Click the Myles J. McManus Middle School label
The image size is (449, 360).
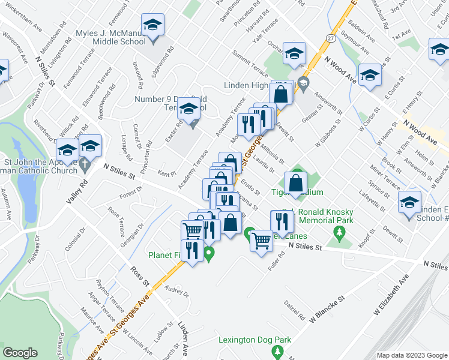(x=111, y=37)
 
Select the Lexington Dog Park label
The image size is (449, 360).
(x=255, y=340)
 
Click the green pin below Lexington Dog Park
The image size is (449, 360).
(x=276, y=350)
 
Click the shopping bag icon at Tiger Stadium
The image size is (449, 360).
(x=296, y=184)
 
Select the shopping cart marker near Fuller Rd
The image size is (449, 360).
(x=261, y=241)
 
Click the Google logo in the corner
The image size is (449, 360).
(x=20, y=353)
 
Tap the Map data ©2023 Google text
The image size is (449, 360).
(x=411, y=355)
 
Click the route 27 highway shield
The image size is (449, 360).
(x=331, y=38)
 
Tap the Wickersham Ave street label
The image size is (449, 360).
(x=21, y=28)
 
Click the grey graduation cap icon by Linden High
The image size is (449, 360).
(x=303, y=82)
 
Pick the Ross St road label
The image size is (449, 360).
(x=139, y=275)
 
